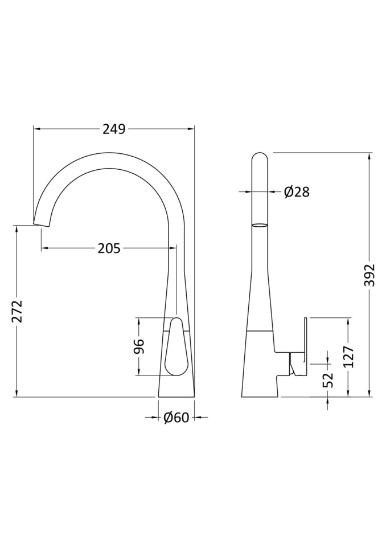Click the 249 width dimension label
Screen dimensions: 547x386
114,129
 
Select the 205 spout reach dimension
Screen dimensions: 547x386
109,248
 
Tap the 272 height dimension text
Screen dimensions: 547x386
17,311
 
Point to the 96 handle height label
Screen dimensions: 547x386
139,346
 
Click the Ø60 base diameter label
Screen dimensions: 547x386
176,418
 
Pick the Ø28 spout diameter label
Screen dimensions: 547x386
297,192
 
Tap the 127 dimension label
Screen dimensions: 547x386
348,357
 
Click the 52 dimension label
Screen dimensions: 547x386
328,381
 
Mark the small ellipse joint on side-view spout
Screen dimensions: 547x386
259,226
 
